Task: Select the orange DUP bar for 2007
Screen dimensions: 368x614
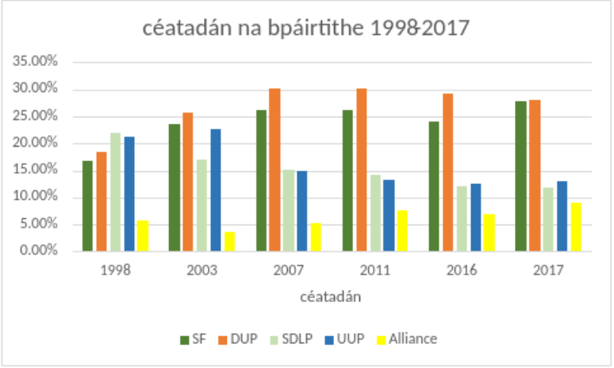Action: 274,170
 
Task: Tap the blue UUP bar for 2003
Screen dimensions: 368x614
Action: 216,190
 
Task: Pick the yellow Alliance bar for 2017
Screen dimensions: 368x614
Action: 575,227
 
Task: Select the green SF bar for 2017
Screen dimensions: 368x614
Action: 520,176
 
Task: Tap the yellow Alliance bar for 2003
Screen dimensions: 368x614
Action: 229,242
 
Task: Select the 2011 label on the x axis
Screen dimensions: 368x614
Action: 374,270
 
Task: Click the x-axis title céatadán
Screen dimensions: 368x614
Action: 332,297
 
